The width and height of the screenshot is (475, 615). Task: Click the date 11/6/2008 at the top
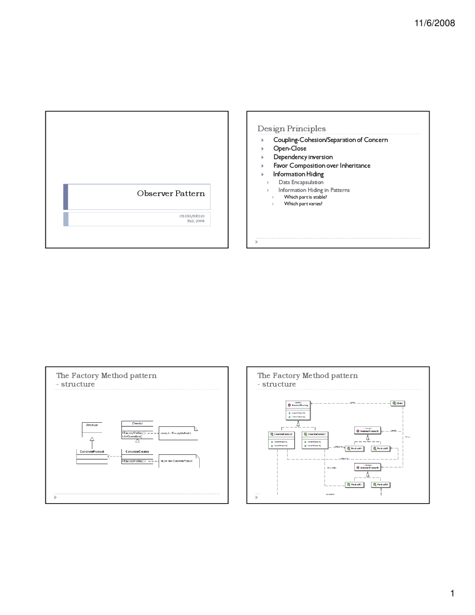point(434,23)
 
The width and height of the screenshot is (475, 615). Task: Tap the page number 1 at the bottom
point(452,593)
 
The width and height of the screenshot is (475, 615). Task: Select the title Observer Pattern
point(171,193)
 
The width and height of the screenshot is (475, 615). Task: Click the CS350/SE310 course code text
point(192,216)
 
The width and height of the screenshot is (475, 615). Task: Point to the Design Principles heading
point(291,128)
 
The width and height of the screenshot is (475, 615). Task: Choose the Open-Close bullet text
point(289,148)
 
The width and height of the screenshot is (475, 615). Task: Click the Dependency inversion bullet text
point(303,157)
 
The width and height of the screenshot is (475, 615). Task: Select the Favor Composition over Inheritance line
point(321,166)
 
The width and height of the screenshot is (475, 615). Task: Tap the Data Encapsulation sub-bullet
point(301,182)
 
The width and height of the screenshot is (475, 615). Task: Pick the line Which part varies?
point(303,204)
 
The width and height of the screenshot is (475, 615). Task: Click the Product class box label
point(92,425)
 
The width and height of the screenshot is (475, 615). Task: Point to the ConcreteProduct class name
point(92,452)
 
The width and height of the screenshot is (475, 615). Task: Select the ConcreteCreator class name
point(137,452)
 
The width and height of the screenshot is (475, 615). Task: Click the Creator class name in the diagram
point(137,423)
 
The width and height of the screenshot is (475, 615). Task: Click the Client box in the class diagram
point(398,403)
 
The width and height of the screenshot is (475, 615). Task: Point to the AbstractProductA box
point(368,431)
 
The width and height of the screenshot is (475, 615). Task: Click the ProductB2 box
point(381,485)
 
